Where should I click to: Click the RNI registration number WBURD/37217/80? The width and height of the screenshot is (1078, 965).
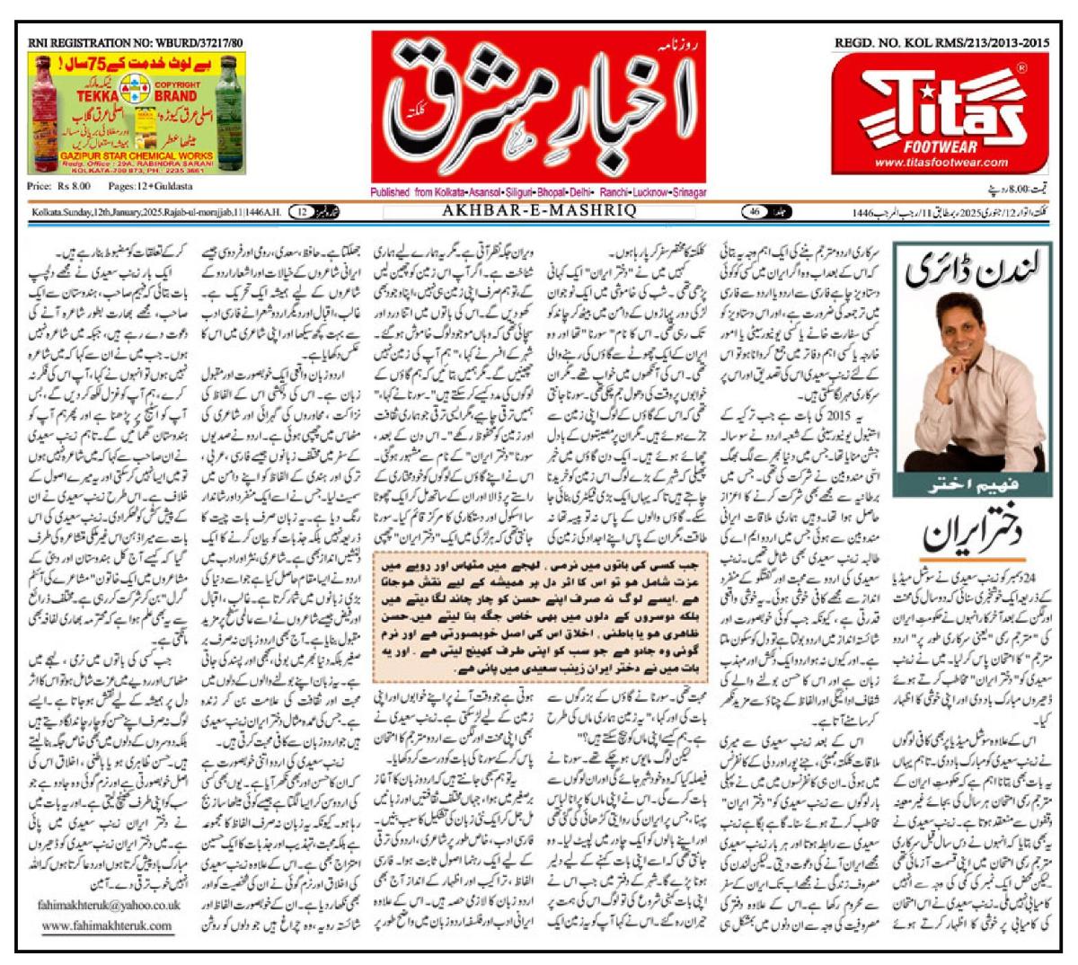click(136, 42)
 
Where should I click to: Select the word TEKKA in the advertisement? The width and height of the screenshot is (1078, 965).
click(97, 95)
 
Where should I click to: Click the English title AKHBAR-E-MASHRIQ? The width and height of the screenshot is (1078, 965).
click(539, 211)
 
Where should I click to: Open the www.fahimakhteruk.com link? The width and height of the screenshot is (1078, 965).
click(107, 925)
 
